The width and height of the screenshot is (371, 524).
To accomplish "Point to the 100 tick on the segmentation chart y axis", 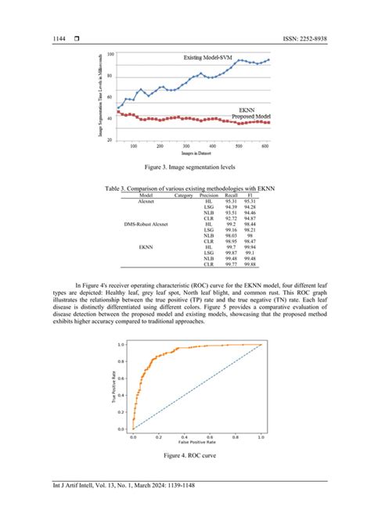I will coord(110,54).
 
